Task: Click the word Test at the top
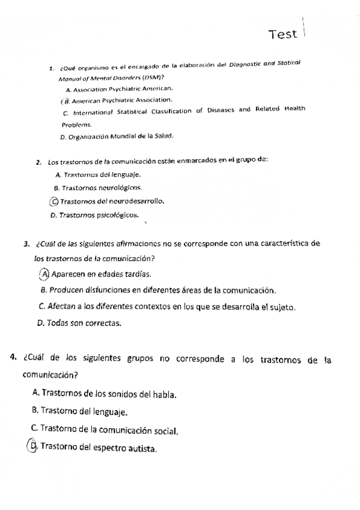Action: point(284,34)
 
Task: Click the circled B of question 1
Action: point(66,100)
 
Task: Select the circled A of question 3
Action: point(45,274)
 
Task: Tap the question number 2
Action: point(38,162)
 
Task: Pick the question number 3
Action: point(26,244)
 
